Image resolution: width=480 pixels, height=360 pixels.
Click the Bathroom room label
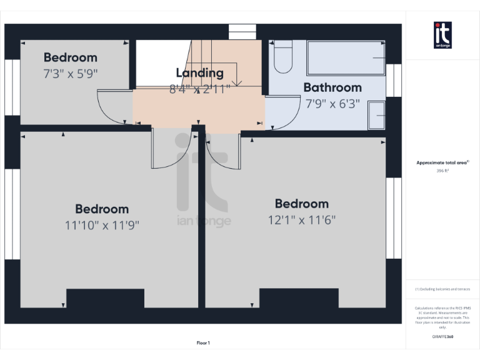(332, 87)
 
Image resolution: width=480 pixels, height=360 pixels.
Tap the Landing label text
(199, 73)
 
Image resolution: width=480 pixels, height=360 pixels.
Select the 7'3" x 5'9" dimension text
(71, 73)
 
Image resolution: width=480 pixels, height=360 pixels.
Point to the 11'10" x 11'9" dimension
(102, 225)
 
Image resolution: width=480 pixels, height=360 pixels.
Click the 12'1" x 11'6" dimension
(302, 220)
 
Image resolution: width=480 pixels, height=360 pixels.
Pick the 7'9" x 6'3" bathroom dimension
(332, 104)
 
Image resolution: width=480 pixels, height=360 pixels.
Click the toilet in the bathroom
(283, 57)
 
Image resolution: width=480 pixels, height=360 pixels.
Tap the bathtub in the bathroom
(346, 57)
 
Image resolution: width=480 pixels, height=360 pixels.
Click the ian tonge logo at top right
(442, 35)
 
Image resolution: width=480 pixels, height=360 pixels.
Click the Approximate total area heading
(442, 162)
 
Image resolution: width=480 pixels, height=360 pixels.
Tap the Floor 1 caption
(203, 342)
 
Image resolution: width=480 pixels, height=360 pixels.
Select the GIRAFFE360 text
(442, 337)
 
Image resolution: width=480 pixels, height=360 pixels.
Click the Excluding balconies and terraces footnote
(442, 289)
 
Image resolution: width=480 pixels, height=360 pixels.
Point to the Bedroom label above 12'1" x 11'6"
(302, 204)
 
